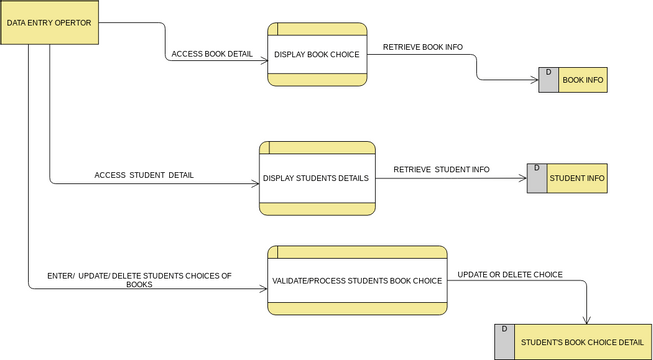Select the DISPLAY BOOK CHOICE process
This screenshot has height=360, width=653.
click(x=317, y=54)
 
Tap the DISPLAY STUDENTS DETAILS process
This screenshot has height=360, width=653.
click(x=317, y=178)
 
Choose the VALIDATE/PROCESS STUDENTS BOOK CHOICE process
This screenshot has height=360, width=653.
click(x=356, y=281)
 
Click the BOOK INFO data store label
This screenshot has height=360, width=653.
click(x=582, y=80)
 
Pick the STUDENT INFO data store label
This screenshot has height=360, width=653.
click(x=576, y=179)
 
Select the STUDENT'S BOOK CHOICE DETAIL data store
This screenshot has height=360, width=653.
click(x=580, y=342)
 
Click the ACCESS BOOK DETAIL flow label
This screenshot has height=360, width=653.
click(x=212, y=54)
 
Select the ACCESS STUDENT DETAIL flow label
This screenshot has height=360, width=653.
click(x=144, y=175)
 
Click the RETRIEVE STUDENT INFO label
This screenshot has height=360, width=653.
click(x=441, y=169)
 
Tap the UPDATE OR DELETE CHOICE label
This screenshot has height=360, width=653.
click(x=510, y=274)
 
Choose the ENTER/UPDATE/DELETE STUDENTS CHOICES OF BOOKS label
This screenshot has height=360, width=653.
click(x=139, y=280)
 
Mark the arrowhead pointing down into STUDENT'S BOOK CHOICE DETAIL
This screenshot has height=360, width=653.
click(x=585, y=319)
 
